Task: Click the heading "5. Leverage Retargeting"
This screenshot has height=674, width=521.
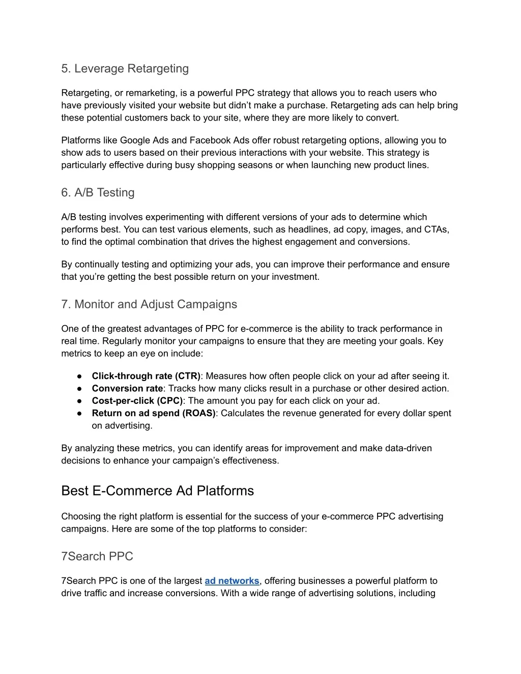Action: [x=125, y=69]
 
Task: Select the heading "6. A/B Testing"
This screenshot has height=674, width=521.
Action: [x=98, y=193]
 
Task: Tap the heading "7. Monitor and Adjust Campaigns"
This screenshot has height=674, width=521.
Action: [x=149, y=304]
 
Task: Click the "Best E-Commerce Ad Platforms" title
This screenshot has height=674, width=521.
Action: [x=157, y=491]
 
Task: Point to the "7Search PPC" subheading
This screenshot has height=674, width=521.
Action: [x=97, y=556]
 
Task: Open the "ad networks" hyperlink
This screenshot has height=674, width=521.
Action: [x=232, y=581]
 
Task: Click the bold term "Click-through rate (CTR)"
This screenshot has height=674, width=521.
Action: [x=146, y=376]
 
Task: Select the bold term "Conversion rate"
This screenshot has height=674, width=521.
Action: [x=127, y=389]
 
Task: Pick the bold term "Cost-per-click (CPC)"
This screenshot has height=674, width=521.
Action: [x=137, y=401]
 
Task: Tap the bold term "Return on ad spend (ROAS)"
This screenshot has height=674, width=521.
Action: [x=154, y=414]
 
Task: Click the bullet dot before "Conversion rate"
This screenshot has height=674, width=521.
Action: [x=80, y=389]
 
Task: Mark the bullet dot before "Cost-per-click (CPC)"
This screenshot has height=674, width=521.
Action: [x=80, y=401]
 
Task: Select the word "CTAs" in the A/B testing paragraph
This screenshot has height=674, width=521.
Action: [x=436, y=229]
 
